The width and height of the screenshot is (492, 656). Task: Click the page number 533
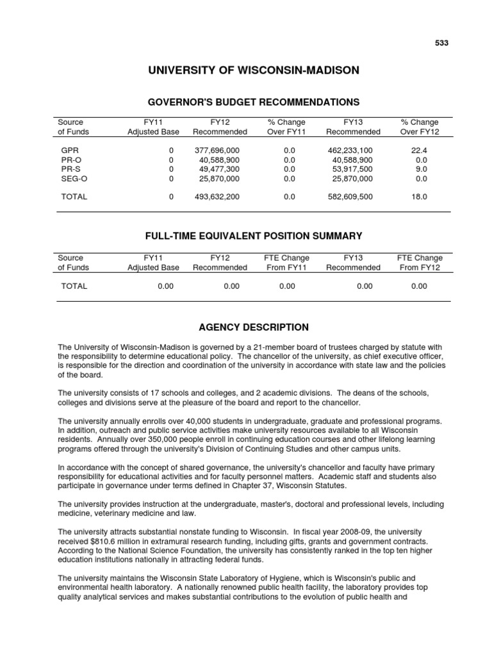tap(442, 43)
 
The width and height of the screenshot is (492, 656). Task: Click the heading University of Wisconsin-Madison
tap(254, 70)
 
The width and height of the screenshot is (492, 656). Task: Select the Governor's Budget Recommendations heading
tap(254, 102)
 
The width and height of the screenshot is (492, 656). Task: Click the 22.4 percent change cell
tap(421, 150)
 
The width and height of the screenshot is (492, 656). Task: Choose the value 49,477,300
tap(219, 169)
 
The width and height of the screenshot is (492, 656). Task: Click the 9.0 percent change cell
tap(421, 169)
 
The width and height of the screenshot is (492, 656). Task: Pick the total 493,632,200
tap(217, 197)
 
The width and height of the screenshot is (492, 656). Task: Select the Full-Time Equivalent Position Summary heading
tap(254, 236)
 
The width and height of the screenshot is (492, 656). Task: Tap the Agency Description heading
tap(254, 327)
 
